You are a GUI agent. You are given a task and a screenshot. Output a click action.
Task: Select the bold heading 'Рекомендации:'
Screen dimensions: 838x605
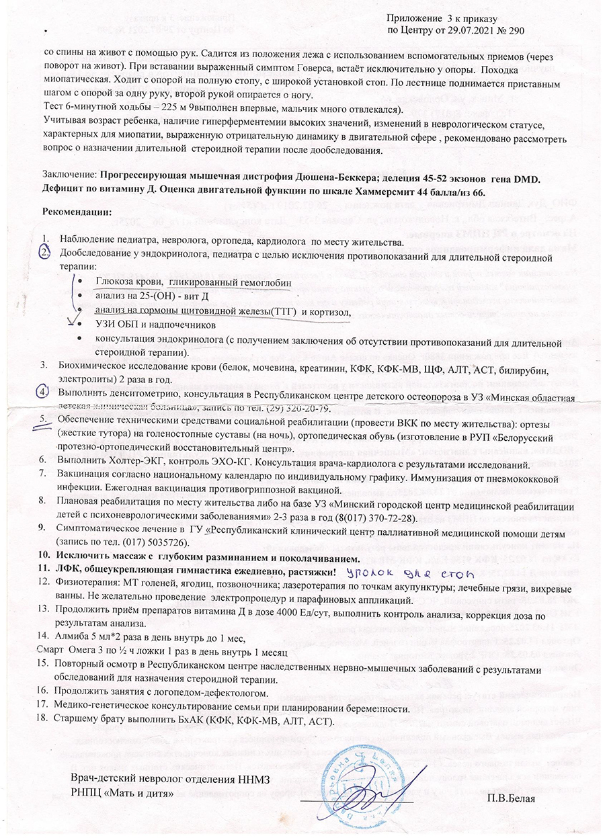click(x=77, y=212)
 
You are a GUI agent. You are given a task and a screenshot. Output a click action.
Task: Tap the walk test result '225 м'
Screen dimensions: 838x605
click(x=141, y=109)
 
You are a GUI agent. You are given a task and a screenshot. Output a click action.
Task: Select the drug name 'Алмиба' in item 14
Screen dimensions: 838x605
click(x=77, y=639)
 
